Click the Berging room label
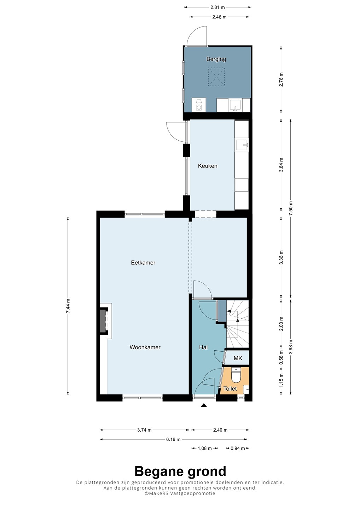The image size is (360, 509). pos(216,59)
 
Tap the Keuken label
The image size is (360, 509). pos(208,166)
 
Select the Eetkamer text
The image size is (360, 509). pos(143,263)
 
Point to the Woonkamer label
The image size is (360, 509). pos(145,347)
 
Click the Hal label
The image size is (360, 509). pos(203,347)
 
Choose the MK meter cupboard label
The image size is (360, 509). pos(238,358)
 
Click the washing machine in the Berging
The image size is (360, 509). pos(199,105)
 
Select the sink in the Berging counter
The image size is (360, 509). pos(236,105)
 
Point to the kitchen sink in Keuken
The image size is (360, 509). pos(242,145)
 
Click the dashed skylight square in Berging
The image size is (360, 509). pos(216,77)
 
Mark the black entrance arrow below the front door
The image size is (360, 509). pos(204,405)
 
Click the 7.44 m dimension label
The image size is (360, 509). pos(68,306)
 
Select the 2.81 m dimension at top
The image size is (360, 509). pos(217,7)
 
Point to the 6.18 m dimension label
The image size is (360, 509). pos(173,439)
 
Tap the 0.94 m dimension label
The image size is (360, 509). pos(238,448)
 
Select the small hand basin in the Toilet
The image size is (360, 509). pos(246,389)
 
